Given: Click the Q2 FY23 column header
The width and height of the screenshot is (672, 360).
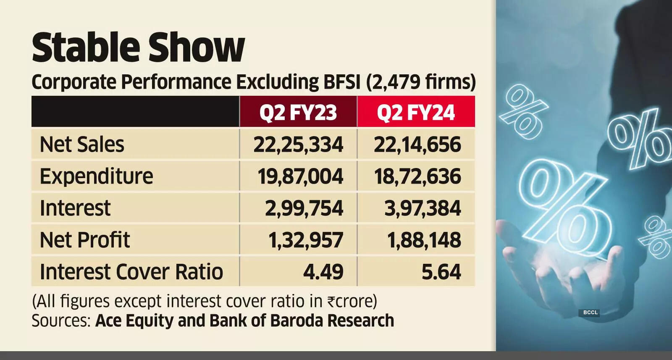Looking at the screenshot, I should pos(298,112).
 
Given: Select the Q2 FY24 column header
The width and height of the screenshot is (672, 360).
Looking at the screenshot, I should pos(416,112).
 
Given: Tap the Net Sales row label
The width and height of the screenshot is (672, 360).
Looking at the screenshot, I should pos(82,145).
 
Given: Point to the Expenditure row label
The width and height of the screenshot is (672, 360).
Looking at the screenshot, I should pos(96,176).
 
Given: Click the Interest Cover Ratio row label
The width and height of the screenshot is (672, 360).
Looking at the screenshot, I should pos(131,272).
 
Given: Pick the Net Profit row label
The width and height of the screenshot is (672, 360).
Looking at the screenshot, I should pos(84,240).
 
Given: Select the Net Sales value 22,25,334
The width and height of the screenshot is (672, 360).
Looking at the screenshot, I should pos(298,145).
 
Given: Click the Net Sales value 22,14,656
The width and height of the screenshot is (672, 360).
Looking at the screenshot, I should pos(417,145).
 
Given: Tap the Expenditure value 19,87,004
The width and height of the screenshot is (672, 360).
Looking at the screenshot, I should pos(300,176).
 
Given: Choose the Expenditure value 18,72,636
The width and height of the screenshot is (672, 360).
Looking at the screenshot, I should pos(417,176).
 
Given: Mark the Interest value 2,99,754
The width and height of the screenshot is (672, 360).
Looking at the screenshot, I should pos(304,208).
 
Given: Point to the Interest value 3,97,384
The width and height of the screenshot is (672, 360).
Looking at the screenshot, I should pos(423,208).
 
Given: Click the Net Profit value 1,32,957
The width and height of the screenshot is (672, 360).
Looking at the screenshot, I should pos(306,240).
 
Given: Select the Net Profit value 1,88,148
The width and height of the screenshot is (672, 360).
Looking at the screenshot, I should pos(424,240).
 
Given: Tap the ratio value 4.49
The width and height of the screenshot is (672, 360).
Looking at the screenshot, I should pos(323,272).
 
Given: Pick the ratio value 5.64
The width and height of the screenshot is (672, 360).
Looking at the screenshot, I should pos(441,272).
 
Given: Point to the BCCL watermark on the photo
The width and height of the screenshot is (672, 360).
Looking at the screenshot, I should pos(590,313).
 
